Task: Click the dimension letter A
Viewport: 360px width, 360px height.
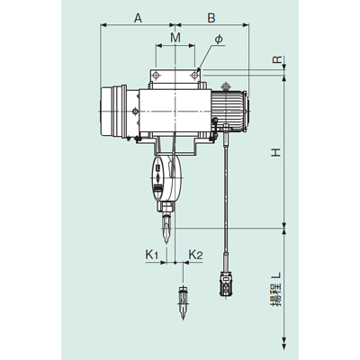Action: [138, 18]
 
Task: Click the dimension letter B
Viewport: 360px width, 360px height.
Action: [211, 18]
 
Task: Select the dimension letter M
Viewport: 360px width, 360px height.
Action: [175, 38]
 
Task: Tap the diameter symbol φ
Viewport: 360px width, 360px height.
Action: [219, 40]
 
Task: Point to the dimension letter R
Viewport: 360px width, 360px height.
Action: [277, 59]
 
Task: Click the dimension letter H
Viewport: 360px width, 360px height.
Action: [276, 153]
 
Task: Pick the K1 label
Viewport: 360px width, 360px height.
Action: [152, 255]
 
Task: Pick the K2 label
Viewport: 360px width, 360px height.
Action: [195, 255]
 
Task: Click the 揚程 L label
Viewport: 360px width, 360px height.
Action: [276, 289]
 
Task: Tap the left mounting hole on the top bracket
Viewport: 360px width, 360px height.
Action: [156, 76]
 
